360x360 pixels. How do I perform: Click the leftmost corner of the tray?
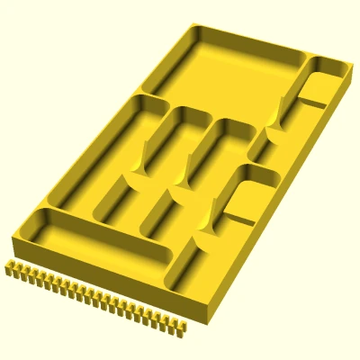point(13,236)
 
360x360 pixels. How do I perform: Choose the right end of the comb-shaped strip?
point(183,328)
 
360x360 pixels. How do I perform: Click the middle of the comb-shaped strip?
point(94,298)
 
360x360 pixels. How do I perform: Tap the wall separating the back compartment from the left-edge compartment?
point(150,93)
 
